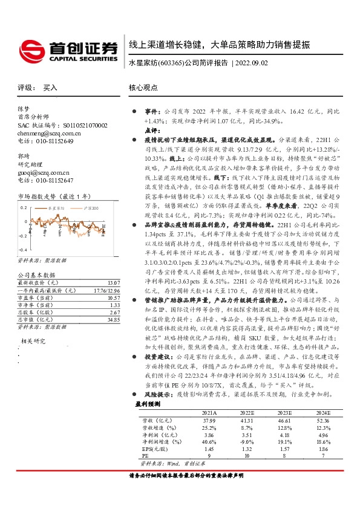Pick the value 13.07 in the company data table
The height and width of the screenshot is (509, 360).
pyautogui.click(x=112, y=283)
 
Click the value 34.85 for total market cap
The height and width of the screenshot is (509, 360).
pyautogui.click(x=112, y=319)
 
